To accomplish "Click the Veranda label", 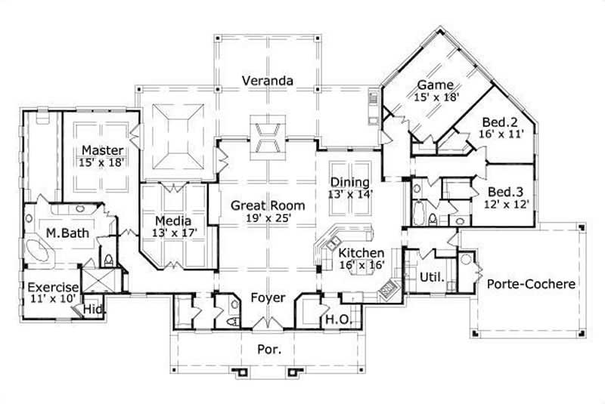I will (x=268, y=80).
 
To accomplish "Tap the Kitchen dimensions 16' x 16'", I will (x=361, y=265).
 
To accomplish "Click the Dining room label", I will (x=349, y=182).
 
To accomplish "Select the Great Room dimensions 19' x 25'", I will (x=268, y=219).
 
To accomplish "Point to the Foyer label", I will (x=268, y=298).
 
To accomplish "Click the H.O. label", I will (x=336, y=319).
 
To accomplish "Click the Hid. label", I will (x=94, y=310).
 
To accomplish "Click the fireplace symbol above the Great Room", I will (x=268, y=137).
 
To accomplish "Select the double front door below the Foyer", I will (x=268, y=324).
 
